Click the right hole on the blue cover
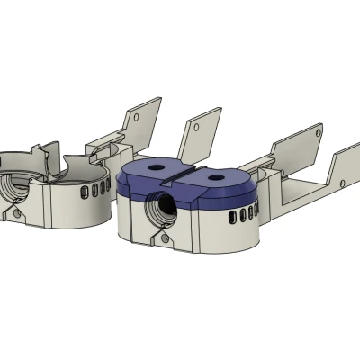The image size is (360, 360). click(x=217, y=178)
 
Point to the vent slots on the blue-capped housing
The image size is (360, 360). click(x=242, y=214)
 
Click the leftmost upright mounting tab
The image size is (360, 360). click(x=143, y=121)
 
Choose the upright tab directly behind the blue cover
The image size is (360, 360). click(x=200, y=136)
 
